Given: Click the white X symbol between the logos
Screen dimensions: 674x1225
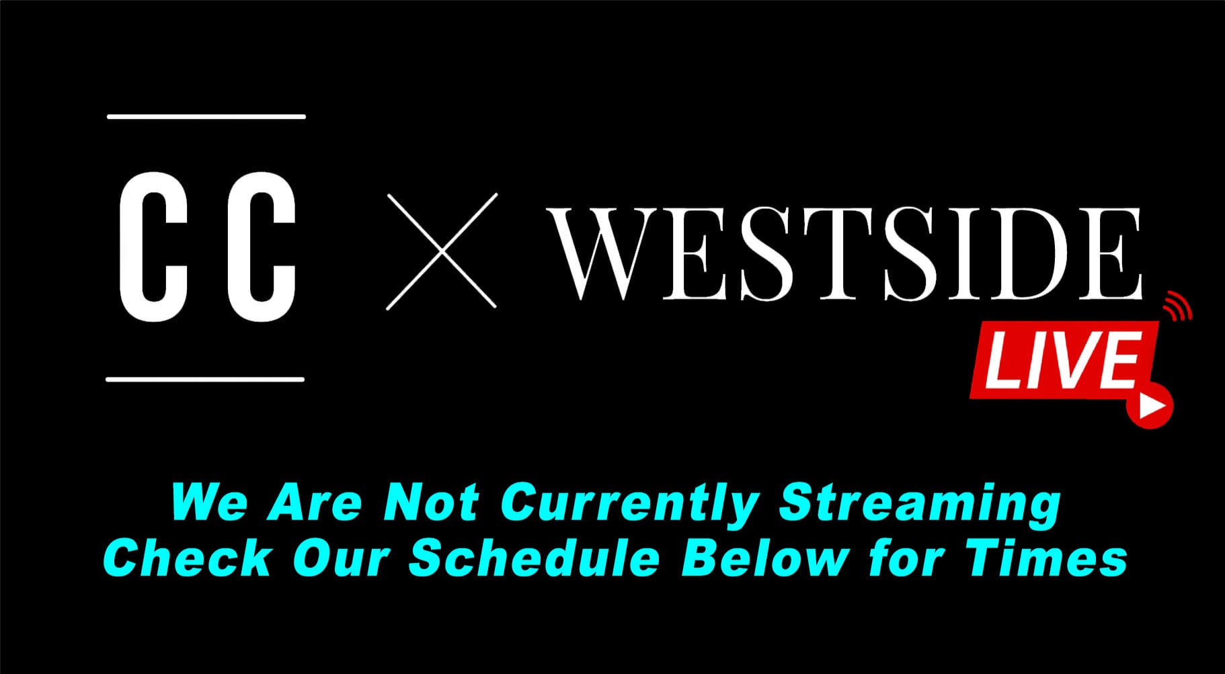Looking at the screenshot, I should tap(442, 251).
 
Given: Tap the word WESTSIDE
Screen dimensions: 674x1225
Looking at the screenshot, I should tap(844, 253).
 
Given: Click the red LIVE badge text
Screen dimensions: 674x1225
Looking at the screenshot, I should tap(1062, 360).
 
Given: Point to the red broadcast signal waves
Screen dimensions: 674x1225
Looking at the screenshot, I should tap(1178, 306).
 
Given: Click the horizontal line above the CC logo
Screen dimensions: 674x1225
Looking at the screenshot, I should tap(206, 117).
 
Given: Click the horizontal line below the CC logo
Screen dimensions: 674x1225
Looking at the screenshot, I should tap(205, 380).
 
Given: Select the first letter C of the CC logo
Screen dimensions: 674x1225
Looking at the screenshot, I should tap(153, 247).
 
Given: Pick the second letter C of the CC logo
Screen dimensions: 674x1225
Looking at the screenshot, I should tap(262, 247).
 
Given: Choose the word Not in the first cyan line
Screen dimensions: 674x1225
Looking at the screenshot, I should tap(431, 503).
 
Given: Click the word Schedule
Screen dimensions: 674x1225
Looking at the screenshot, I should tap(535, 558).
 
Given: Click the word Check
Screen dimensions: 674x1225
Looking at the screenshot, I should tap(188, 558).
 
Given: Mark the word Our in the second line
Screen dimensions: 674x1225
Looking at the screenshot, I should tap(341, 558).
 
